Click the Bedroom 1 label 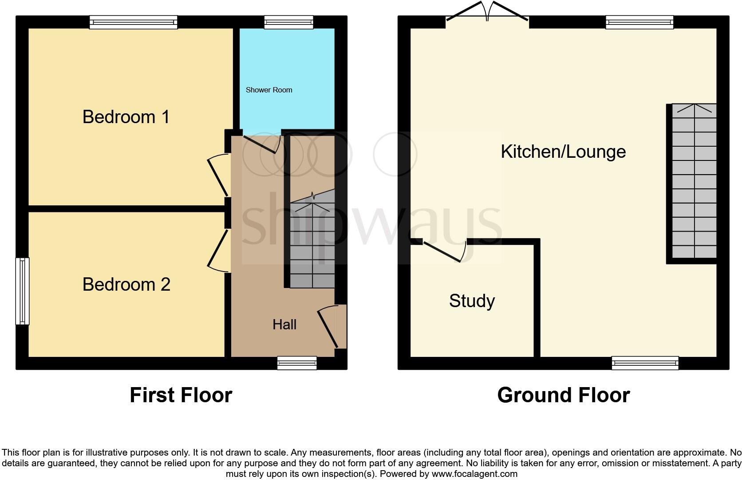click(126, 117)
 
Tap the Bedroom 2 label click(126, 284)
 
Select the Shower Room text click(269, 90)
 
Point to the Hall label click(284, 324)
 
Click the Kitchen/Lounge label click(563, 152)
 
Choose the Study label click(472, 301)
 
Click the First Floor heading click(181, 395)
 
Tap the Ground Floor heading click(563, 395)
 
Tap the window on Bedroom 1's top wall click(133, 22)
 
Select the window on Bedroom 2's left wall click(22, 291)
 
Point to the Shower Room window click(288, 22)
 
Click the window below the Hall click(297, 363)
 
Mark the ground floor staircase click(694, 181)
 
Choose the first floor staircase click(312, 240)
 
